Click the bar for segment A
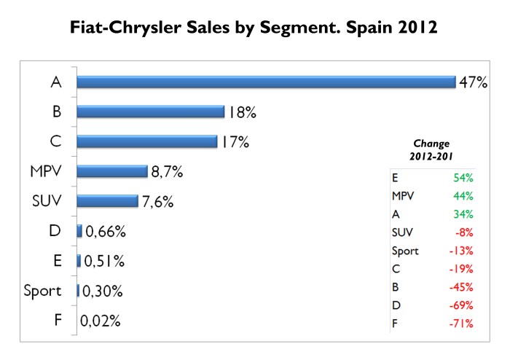tap(265, 82)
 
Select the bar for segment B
tap(150, 111)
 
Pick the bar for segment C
tap(147, 141)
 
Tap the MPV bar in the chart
tap(112, 171)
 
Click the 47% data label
tap(473, 82)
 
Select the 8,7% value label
tap(167, 172)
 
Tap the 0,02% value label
tap(101, 321)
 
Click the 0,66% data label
tap(106, 232)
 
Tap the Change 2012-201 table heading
tap(431, 150)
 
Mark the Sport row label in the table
tap(406, 250)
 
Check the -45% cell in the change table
tap(461, 286)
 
